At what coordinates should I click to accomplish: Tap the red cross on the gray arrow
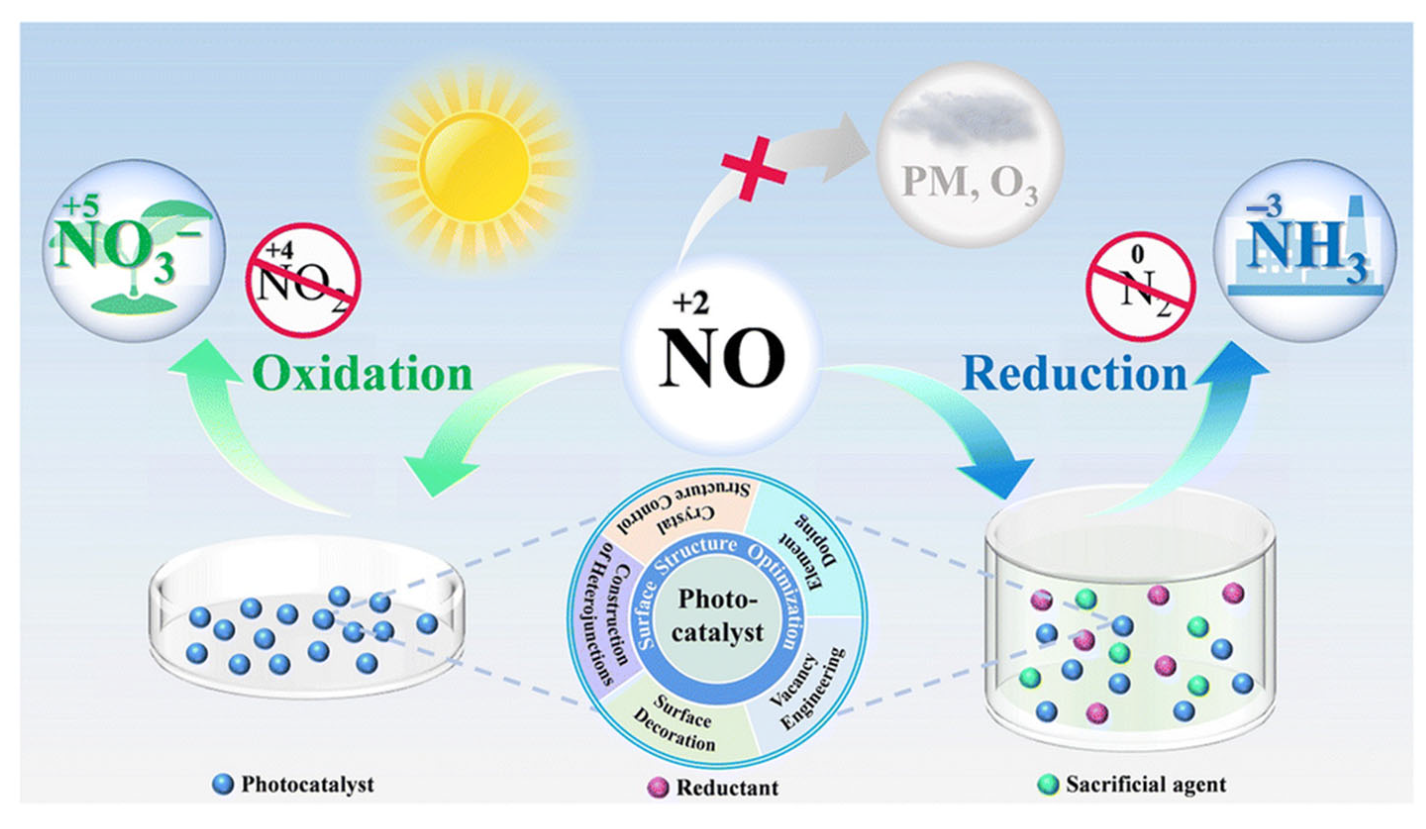point(753,168)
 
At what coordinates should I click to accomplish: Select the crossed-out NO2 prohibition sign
point(304,281)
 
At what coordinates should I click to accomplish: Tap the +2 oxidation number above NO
point(690,304)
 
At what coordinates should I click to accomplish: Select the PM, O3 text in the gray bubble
point(970,184)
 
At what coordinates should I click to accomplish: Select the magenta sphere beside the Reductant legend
point(657,787)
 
